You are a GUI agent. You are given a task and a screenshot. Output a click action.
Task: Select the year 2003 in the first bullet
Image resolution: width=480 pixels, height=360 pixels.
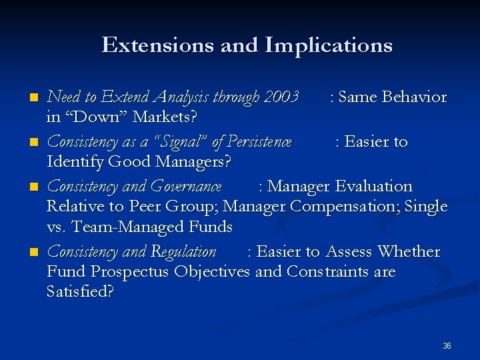click(x=281, y=97)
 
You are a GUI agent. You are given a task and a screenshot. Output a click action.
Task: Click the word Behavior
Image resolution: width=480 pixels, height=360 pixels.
click(x=415, y=97)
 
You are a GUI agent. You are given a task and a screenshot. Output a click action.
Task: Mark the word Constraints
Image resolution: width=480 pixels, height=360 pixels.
click(x=341, y=272)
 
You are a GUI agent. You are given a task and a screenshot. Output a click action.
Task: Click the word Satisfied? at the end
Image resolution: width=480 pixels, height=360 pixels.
click(x=80, y=291)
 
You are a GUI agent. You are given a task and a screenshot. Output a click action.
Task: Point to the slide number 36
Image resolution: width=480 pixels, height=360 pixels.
click(x=447, y=346)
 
